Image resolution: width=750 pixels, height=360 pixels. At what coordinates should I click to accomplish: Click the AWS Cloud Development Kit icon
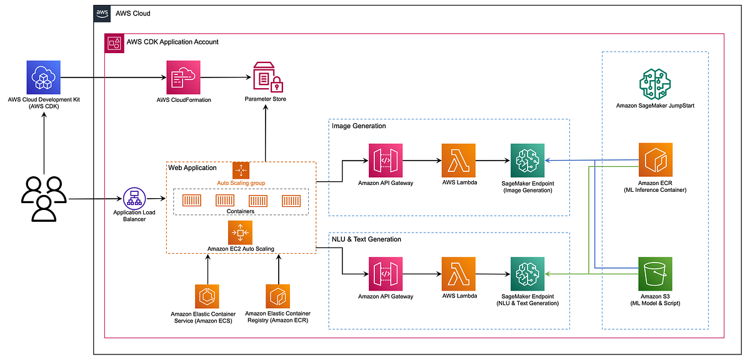tap(44, 77)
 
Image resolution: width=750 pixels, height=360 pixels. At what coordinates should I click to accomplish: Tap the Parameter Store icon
tap(266, 77)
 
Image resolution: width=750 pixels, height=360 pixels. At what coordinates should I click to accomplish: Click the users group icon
tap(44, 199)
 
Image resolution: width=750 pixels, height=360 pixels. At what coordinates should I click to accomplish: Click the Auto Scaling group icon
tap(241, 171)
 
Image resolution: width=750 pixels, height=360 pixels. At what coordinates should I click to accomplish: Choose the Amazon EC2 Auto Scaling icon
tap(241, 233)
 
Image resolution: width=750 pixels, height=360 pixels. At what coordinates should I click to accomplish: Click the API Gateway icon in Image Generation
tap(386, 161)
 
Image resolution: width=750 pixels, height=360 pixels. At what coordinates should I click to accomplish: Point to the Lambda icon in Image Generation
tap(458, 161)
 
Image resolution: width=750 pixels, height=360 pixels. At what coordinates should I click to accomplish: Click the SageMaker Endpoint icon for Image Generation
tap(527, 161)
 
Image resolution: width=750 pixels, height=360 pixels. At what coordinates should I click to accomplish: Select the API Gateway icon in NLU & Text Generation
tap(386, 274)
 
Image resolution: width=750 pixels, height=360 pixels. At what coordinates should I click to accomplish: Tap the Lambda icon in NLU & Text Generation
tap(458, 274)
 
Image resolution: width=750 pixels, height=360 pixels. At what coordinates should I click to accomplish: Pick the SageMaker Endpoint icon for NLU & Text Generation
tap(527, 274)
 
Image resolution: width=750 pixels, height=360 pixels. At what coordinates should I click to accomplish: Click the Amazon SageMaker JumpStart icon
tap(654, 84)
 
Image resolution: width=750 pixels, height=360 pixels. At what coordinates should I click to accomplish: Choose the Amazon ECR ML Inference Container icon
tap(655, 160)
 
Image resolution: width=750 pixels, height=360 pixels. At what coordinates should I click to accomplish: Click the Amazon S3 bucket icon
tap(655, 274)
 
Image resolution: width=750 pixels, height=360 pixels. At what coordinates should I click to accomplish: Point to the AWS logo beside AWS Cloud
tap(102, 13)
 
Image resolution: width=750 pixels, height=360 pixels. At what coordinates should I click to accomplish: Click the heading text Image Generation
tap(359, 126)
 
